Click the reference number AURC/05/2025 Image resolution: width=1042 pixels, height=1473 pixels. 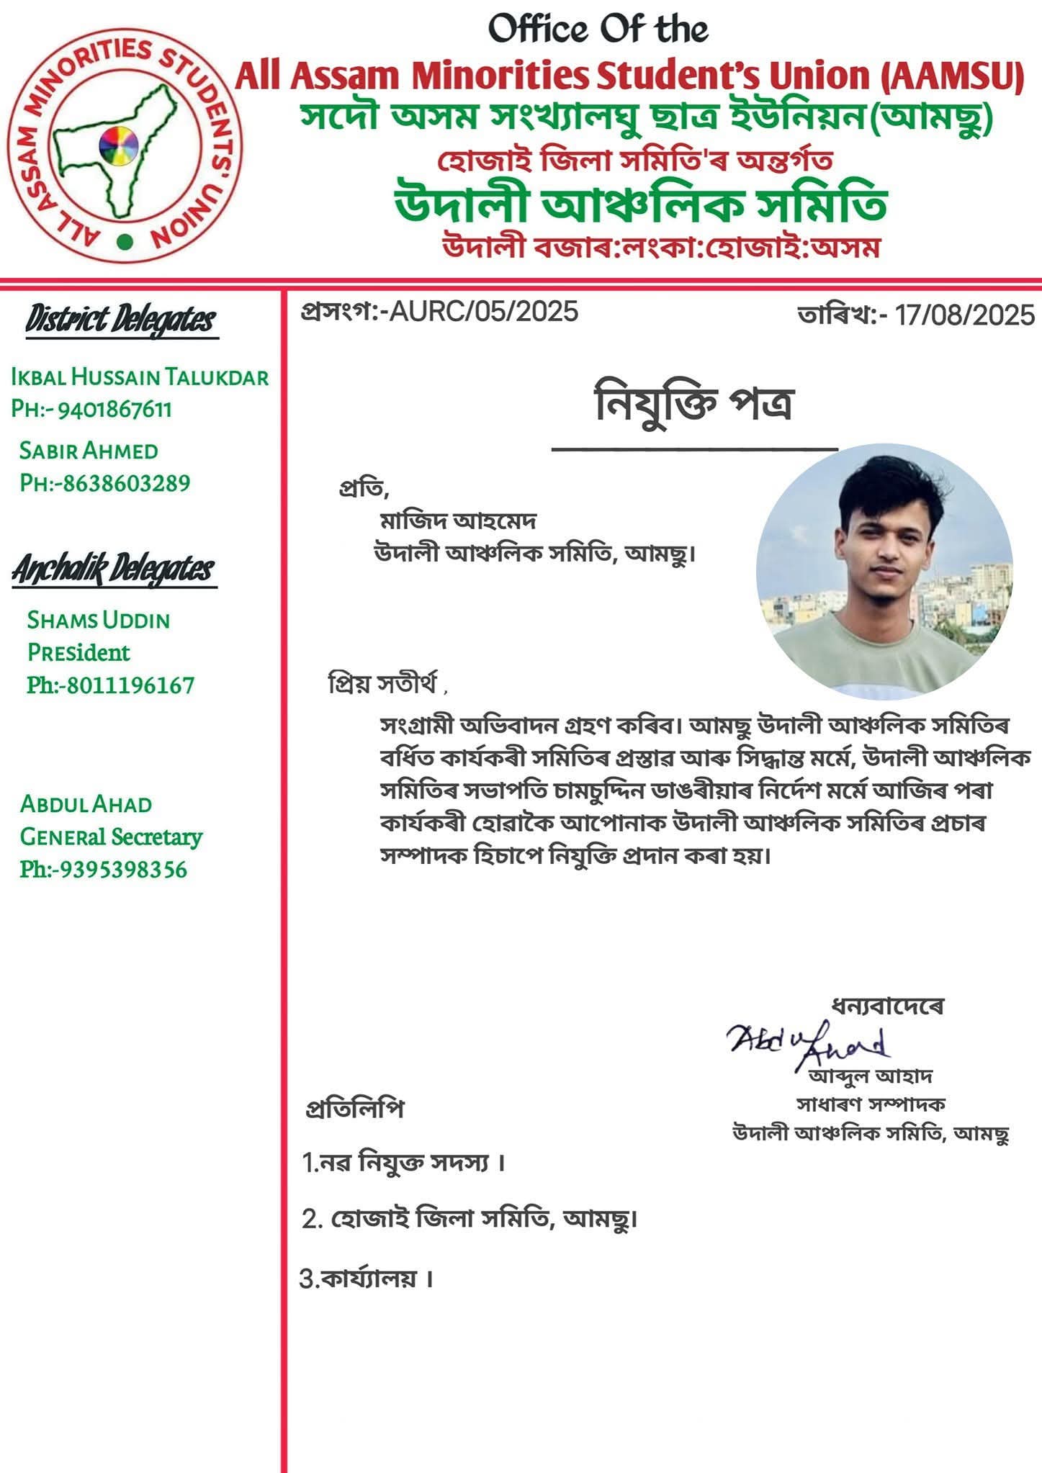click(483, 311)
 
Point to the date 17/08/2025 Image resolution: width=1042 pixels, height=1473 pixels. click(964, 315)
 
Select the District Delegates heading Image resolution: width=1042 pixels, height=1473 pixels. click(120, 320)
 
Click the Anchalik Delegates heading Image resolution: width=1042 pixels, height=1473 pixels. click(113, 569)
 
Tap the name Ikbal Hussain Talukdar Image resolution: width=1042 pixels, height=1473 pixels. click(140, 377)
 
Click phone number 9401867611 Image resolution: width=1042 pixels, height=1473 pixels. click(114, 410)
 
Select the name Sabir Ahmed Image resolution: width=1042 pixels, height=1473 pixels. click(89, 451)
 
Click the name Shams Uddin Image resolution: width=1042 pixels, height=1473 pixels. click(99, 620)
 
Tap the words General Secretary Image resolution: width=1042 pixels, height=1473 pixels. click(111, 837)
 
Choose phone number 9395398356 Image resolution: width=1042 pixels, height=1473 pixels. click(122, 870)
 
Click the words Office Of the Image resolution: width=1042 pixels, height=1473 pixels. click(598, 30)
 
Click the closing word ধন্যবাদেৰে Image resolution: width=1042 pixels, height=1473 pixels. click(888, 1005)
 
